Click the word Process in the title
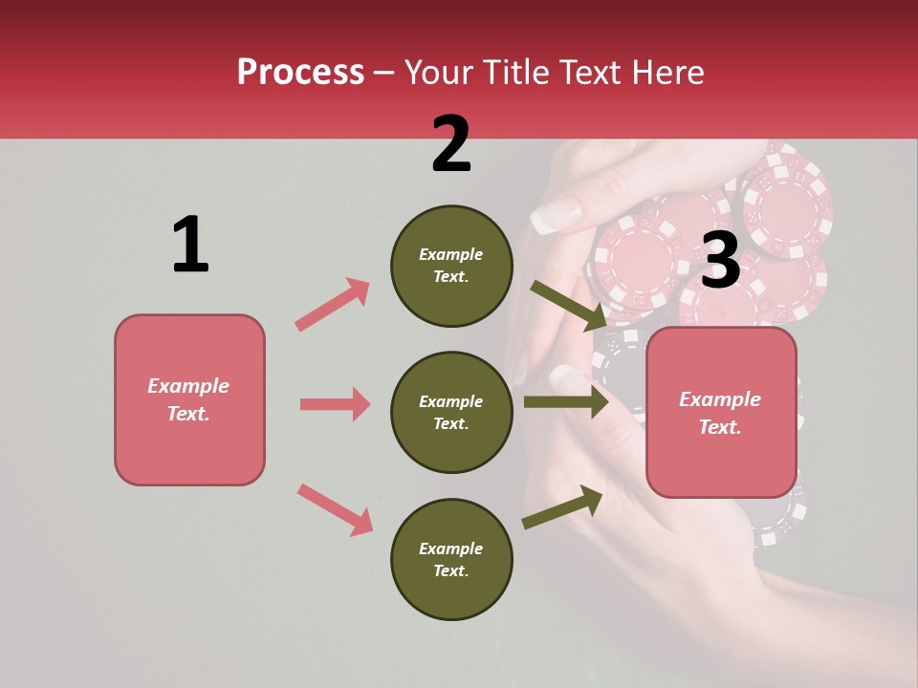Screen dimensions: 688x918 tap(300, 73)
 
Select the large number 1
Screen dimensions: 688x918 tap(190, 245)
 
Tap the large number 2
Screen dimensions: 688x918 tap(451, 144)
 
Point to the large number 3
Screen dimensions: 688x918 tap(720, 260)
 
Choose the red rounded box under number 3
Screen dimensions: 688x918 tap(721, 459)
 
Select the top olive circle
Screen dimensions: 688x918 tap(451, 266)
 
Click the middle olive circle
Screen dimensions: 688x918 tap(451, 412)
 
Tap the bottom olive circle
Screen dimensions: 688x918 tap(451, 559)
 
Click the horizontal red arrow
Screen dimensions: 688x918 tap(335, 404)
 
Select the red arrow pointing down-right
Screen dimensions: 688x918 tap(335, 508)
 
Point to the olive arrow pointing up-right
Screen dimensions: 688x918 tap(563, 506)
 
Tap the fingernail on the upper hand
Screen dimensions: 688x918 tap(554, 217)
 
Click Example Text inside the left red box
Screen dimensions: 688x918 tap(189, 399)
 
